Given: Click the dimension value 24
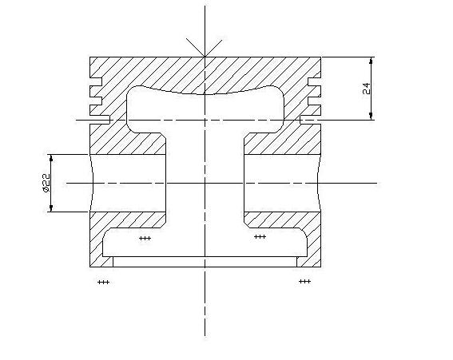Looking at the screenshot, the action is point(366,89).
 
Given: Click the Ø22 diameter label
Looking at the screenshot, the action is point(46,183).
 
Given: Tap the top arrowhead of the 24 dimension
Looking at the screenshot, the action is point(372,60).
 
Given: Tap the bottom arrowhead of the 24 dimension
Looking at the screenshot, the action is point(372,117).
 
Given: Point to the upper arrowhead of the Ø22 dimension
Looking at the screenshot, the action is point(51,158).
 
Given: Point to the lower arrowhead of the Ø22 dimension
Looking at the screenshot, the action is point(51,208).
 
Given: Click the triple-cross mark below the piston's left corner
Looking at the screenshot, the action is point(103,282).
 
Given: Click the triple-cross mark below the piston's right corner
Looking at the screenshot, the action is point(304,281).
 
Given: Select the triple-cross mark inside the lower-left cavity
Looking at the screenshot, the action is point(145,238).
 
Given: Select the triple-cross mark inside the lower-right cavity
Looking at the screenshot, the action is point(260,237).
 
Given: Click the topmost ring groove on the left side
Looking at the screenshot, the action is point(96,81).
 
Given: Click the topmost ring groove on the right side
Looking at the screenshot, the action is point(314,81).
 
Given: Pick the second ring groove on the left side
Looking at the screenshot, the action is point(96,101).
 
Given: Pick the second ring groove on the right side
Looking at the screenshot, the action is point(314,101).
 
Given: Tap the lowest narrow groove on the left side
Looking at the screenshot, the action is point(100,120).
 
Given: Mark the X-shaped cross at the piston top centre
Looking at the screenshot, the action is point(205,48).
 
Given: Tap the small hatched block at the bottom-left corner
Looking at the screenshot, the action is point(101,262).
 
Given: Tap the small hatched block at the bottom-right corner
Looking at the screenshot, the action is point(309,262).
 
